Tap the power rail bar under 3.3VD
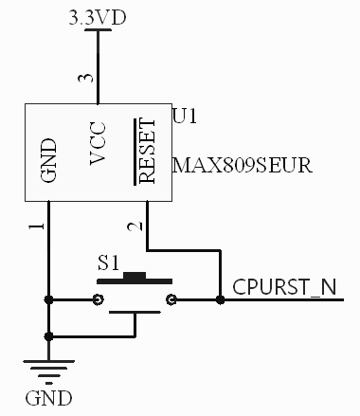98,30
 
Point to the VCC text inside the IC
98,143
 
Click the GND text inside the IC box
49,159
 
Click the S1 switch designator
111,262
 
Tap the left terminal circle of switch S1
99,300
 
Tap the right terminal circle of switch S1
171,300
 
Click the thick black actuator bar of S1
135,280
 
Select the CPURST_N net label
283,285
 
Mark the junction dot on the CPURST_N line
220,300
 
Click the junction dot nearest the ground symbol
48,335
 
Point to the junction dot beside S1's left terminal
48,300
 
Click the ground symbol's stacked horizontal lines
48,371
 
